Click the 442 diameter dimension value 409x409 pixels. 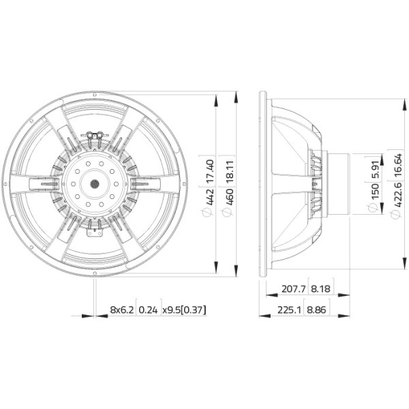click(x=210, y=196)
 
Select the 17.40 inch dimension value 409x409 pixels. click(x=210, y=171)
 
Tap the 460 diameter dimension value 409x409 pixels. click(x=230, y=197)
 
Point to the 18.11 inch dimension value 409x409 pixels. click(x=230, y=172)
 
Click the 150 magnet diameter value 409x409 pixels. click(x=374, y=191)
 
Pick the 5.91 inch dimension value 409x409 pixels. click(x=374, y=170)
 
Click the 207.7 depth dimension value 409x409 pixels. click(x=293, y=289)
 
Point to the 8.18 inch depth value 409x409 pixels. click(x=321, y=289)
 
